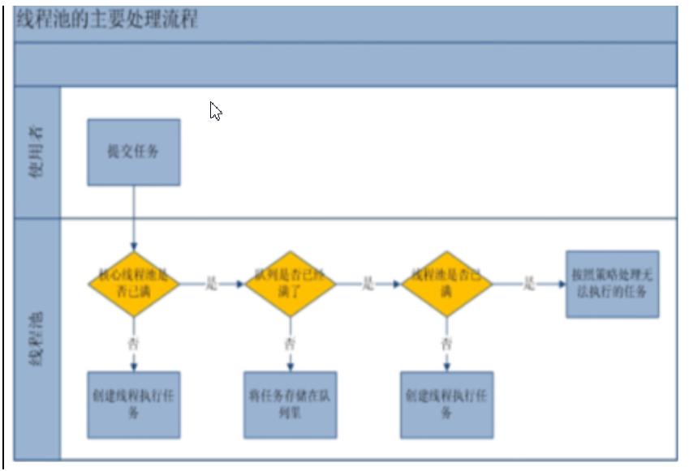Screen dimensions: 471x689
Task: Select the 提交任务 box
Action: (134, 152)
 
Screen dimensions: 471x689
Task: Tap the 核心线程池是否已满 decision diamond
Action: (134, 284)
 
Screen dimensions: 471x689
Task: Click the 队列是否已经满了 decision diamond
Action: (291, 284)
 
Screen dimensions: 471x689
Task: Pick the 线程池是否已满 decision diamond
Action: (447, 284)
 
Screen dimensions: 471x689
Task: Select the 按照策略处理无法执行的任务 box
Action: (612, 284)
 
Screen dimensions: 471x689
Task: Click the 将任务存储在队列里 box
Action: (291, 405)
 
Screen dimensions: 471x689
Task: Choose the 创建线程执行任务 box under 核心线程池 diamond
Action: (134, 405)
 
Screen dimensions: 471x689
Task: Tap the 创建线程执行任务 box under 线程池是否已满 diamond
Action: (447, 405)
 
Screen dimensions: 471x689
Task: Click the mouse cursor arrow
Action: (215, 110)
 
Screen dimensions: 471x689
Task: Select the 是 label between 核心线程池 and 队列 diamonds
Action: (212, 285)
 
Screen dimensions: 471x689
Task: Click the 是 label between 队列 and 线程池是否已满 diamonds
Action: (368, 285)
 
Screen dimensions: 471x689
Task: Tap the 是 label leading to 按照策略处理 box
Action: (528, 285)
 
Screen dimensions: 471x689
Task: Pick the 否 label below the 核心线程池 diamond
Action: (134, 344)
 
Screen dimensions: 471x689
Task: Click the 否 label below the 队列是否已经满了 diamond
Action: (291, 344)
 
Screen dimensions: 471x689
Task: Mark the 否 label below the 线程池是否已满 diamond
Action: (447, 344)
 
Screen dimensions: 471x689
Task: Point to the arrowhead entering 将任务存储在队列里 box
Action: (291, 367)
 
